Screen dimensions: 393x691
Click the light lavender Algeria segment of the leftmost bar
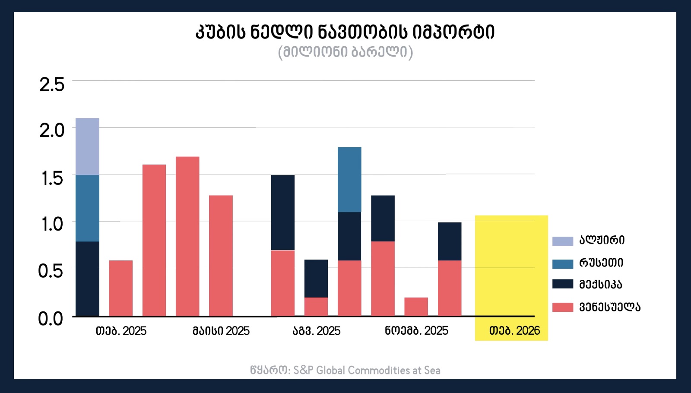pos(87,146)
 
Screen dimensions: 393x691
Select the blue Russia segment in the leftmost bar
pos(87,208)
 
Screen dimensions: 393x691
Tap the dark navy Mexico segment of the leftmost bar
pos(87,279)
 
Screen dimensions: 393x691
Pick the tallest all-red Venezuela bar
pos(187,236)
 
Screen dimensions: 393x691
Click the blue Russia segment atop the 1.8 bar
pos(349,179)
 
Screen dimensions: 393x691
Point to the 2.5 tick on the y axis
pos(52,84)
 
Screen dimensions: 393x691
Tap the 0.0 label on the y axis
pos(51,319)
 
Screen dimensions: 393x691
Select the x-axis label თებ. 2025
pos(121,331)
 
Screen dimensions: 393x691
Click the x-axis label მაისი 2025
pos(221,331)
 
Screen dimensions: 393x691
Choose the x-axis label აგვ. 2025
pos(317,331)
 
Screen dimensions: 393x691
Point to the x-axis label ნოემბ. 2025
pos(416,331)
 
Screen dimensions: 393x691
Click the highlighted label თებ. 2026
pos(514,331)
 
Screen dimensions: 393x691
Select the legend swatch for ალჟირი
pos(563,241)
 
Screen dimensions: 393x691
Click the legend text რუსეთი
pos(601,263)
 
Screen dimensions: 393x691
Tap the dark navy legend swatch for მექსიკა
pos(563,284)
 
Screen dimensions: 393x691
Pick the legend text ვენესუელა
pos(609,307)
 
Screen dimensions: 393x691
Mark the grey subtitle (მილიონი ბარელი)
pos(345,52)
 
